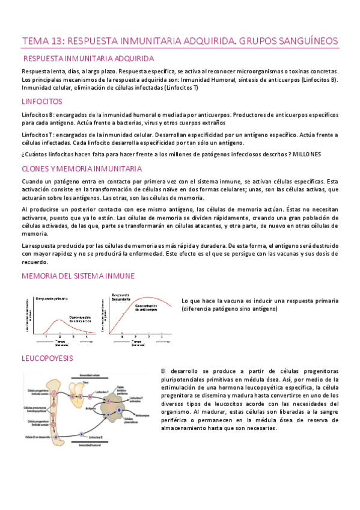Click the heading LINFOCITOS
[x=41, y=102]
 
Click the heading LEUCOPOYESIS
[x=47, y=358]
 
